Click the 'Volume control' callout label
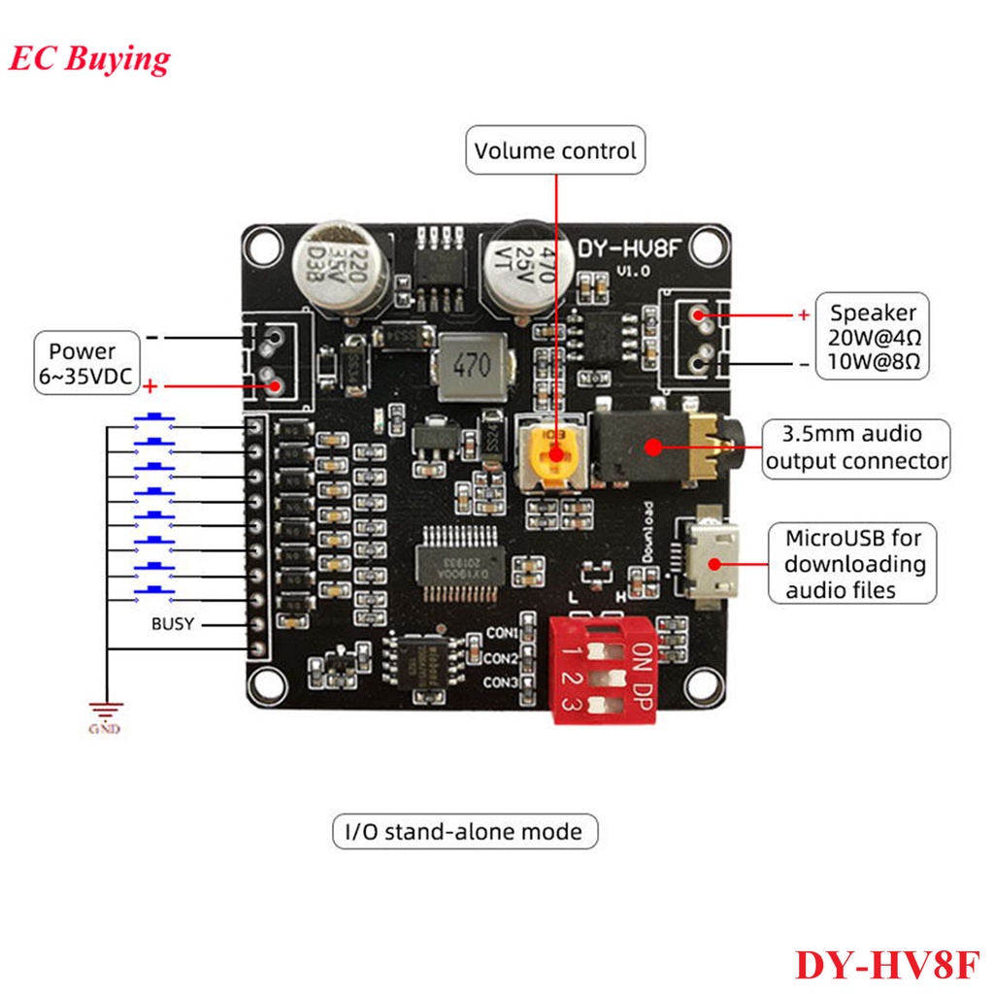click(555, 150)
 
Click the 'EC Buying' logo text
click(89, 58)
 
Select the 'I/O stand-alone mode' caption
click(465, 832)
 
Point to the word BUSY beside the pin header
click(172, 624)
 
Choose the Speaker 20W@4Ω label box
click(873, 339)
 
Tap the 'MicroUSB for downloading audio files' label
click(854, 564)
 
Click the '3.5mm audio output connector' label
click(856, 447)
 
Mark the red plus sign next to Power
click(150, 387)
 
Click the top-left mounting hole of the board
click(261, 247)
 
